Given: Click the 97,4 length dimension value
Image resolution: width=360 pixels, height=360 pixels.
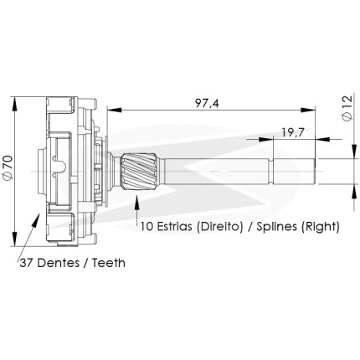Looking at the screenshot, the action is (x=207, y=103).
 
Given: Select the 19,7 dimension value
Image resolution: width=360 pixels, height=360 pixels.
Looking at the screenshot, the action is (x=292, y=132).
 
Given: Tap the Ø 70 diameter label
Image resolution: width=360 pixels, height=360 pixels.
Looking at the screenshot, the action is (x=8, y=167).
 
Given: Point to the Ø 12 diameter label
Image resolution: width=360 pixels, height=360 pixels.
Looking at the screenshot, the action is (x=347, y=108).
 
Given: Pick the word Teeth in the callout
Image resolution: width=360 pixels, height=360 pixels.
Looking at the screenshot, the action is (x=109, y=263).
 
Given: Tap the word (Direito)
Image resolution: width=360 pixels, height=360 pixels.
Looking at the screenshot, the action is (x=219, y=226).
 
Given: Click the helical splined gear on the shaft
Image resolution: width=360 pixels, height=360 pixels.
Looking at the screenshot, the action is (x=138, y=171).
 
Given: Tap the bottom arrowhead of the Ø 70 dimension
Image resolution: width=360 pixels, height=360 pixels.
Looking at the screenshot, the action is (x=14, y=239).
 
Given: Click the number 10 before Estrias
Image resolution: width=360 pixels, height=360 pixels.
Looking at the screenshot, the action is (x=147, y=226).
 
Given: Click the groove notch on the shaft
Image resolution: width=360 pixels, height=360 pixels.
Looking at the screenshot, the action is (x=270, y=172).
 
